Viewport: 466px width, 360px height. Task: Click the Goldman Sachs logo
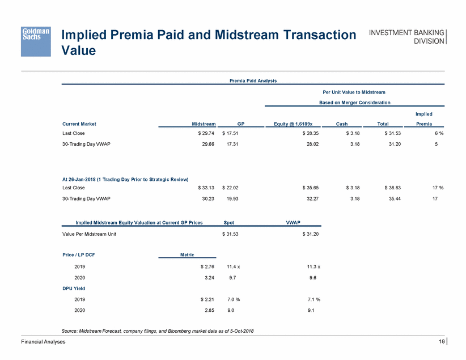36,40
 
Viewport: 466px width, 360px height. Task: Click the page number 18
442,342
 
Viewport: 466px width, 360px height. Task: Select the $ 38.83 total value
389,187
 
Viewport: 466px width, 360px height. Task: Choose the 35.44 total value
392,198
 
